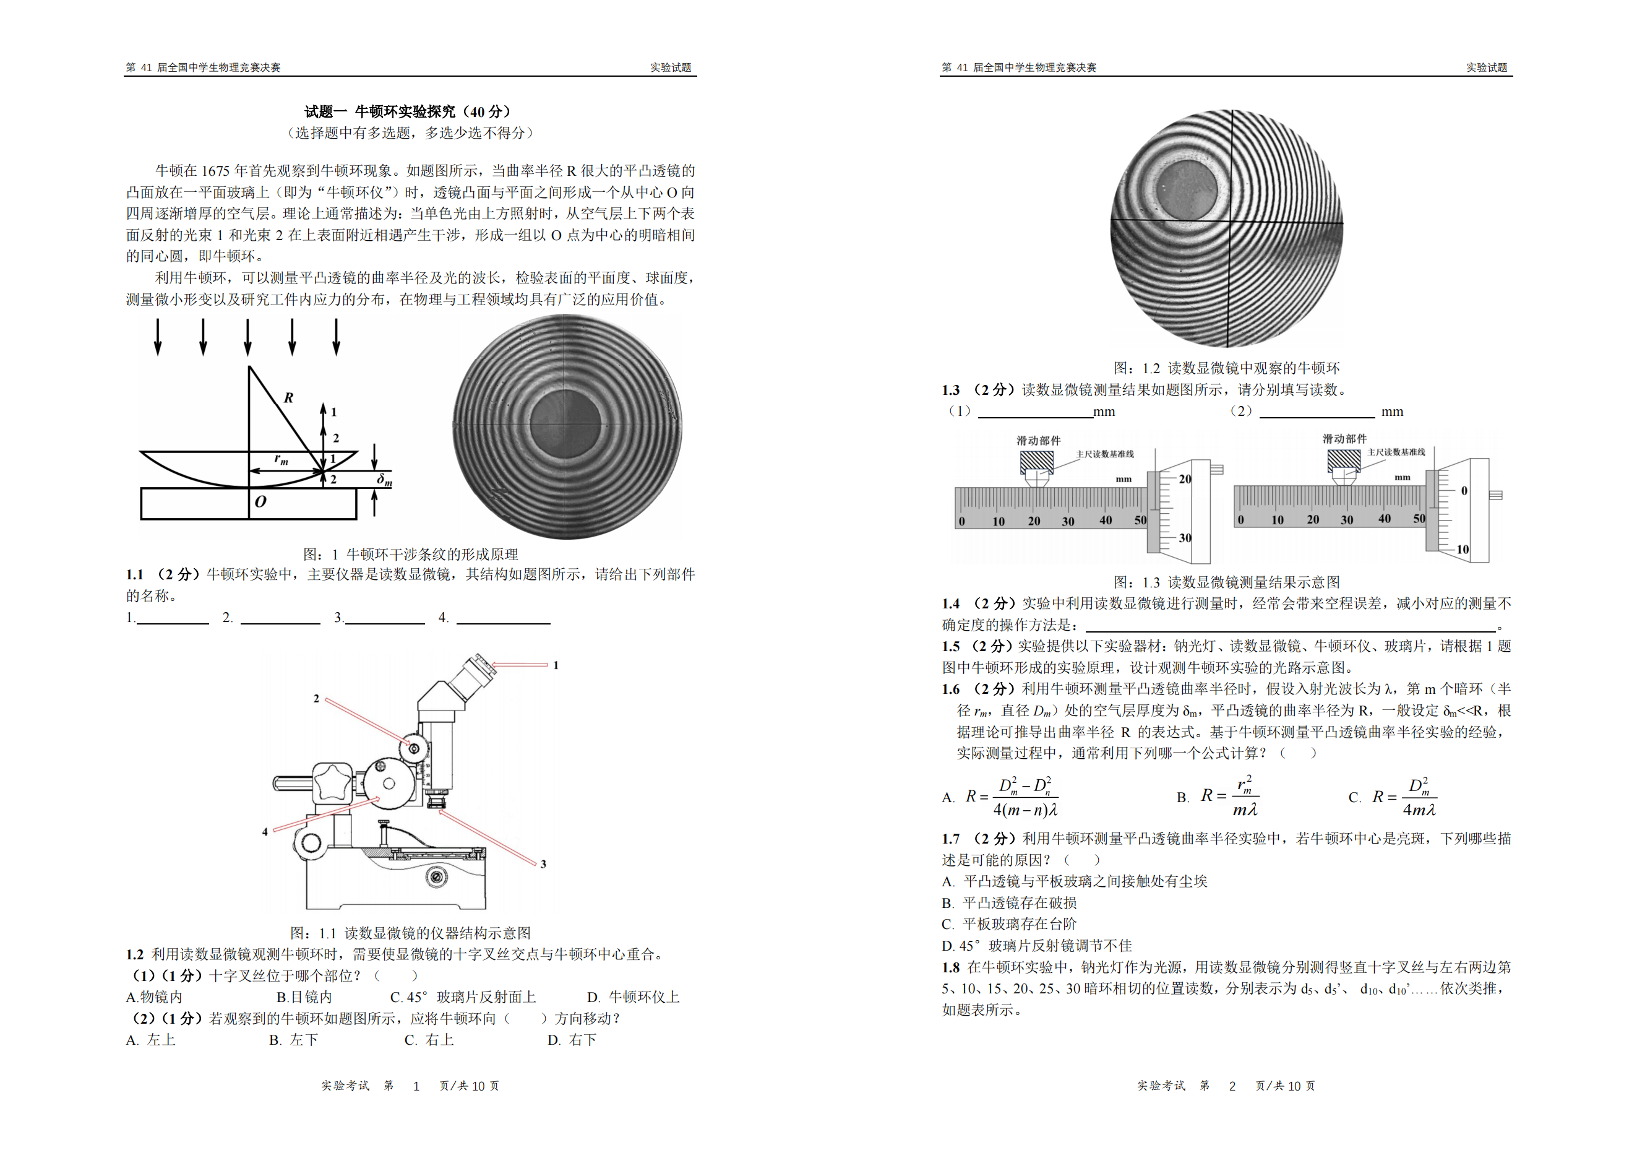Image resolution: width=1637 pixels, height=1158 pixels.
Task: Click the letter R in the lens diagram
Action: coord(288,398)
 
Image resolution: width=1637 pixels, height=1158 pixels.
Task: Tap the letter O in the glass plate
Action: coord(260,501)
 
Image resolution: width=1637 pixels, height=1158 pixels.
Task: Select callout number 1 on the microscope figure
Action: coord(556,665)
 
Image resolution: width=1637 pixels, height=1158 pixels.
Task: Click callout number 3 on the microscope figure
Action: coord(543,864)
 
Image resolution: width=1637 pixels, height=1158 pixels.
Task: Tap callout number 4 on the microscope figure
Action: coord(265,831)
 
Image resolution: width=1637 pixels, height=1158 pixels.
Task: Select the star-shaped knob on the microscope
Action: coord(333,782)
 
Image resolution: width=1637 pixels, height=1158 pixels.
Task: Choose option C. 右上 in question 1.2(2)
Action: coord(429,1040)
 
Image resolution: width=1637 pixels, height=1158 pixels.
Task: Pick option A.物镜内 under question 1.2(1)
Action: coord(154,997)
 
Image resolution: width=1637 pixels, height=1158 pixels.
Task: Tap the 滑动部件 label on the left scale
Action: coord(1038,441)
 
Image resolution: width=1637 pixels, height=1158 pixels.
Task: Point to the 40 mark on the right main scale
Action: coord(1384,519)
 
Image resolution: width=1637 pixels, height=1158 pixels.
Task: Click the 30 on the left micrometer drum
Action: coord(1185,538)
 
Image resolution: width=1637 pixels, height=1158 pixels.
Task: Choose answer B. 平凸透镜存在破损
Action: coord(1009,903)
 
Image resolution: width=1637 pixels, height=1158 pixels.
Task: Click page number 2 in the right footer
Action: coord(1232,1086)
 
